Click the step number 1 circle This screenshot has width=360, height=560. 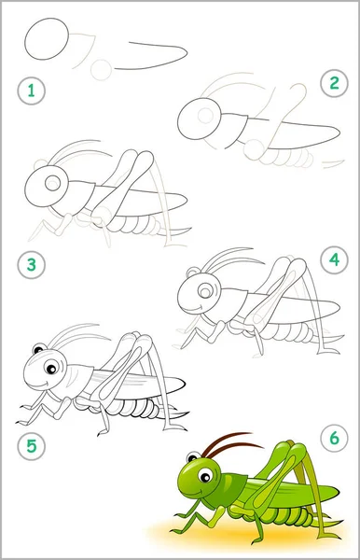[32, 91]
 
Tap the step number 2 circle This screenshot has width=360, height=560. [334, 83]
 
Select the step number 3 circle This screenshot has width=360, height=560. [32, 265]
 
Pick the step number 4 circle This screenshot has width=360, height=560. [334, 260]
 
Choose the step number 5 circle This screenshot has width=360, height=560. [32, 446]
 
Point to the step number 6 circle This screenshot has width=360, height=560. [334, 438]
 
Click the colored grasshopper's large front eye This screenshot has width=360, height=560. [205, 476]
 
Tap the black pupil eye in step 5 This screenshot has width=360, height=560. [51, 368]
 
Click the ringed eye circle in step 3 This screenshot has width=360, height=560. [53, 183]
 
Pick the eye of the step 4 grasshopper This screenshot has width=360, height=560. [205, 291]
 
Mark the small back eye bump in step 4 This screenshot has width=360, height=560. [193, 273]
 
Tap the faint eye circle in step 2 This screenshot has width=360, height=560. [205, 115]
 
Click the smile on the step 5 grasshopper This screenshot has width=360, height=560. [42, 385]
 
